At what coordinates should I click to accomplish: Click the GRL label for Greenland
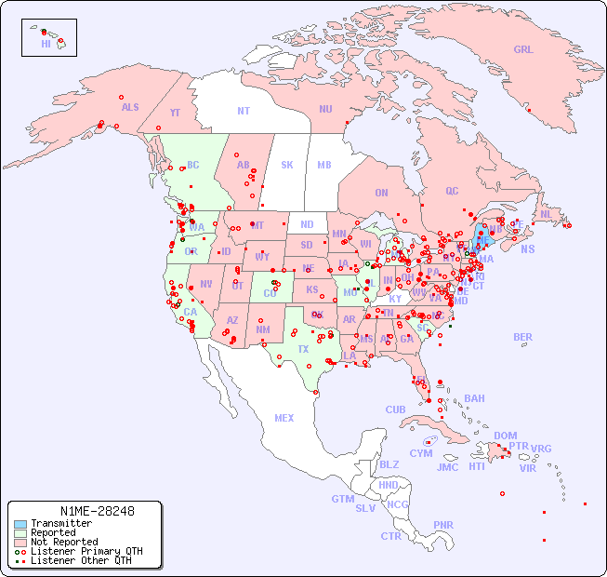point(523,50)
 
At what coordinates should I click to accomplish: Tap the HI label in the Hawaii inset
point(46,44)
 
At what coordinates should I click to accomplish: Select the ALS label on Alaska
point(130,107)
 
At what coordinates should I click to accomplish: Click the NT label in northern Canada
point(244,110)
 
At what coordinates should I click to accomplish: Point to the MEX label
point(284,418)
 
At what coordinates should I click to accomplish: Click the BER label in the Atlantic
point(523,337)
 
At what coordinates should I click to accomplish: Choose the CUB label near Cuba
point(396,409)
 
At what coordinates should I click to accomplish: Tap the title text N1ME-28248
point(97,511)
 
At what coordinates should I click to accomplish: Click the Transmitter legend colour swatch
point(20,524)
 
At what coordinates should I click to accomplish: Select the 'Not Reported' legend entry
point(64,542)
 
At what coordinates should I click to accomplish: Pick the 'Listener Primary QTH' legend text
point(86,551)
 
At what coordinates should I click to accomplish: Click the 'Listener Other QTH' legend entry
point(80,560)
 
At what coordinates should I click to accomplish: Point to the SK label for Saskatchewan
point(287,165)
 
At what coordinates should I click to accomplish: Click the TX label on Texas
point(303,349)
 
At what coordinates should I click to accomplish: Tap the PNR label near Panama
point(443,525)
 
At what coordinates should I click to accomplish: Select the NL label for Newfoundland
point(547,214)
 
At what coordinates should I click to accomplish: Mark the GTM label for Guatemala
point(342,499)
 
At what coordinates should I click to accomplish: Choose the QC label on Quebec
point(452,191)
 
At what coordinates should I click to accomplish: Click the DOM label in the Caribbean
point(505,436)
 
